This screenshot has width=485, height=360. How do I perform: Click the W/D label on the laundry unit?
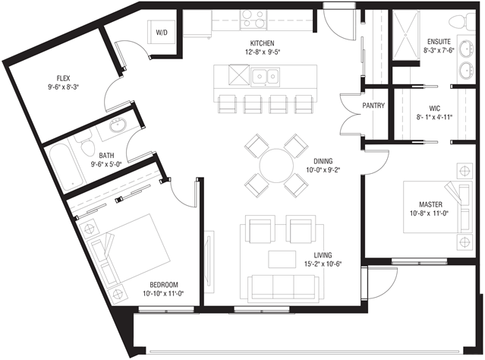pyautogui.click(x=162, y=33)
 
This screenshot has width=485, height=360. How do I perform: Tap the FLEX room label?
pyautogui.click(x=63, y=78)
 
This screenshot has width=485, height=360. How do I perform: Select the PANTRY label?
pyautogui.click(x=373, y=106)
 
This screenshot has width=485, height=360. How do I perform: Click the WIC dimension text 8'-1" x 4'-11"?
pyautogui.click(x=434, y=117)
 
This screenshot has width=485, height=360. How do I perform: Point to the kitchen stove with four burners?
pyautogui.click(x=254, y=19)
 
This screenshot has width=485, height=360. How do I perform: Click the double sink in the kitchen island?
pyautogui.click(x=266, y=76)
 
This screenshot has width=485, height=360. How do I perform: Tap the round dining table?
pyautogui.click(x=276, y=166)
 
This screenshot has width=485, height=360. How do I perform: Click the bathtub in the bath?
pyautogui.click(x=66, y=168)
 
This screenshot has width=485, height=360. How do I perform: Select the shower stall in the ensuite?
pyautogui.click(x=406, y=35)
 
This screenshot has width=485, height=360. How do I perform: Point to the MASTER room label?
pyautogui.click(x=430, y=204)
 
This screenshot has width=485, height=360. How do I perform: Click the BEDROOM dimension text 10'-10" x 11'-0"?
pyautogui.click(x=164, y=293)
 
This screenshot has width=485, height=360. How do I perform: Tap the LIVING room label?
pyautogui.click(x=323, y=255)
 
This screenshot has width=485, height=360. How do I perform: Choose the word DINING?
pyautogui.click(x=323, y=161)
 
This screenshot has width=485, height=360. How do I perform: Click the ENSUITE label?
pyautogui.click(x=439, y=42)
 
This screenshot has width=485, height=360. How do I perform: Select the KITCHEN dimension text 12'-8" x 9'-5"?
pyautogui.click(x=263, y=52)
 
